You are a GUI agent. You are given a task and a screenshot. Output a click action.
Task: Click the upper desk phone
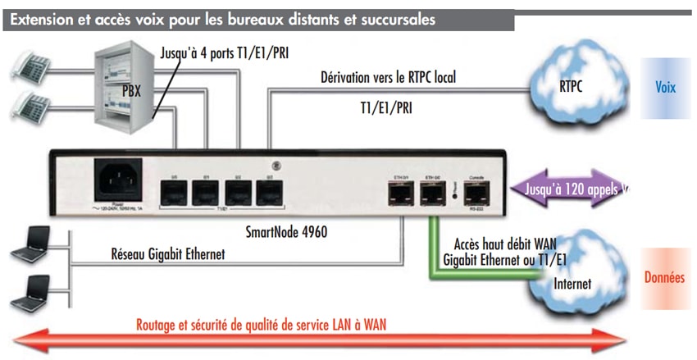point(33,65)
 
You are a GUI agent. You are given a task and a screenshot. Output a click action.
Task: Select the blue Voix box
point(666,87)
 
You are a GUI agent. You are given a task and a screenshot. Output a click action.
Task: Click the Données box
point(665,278)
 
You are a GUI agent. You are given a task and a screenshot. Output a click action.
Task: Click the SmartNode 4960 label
point(286,232)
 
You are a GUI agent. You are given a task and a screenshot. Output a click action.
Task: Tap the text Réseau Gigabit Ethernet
point(167,254)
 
